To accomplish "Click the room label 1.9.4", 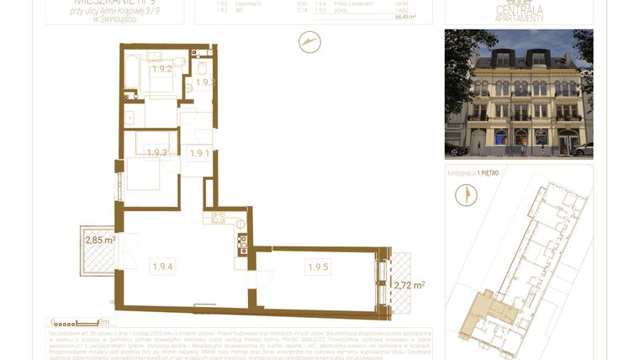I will pos(162,267).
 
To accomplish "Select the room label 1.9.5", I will pos(318,267).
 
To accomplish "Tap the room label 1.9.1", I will pos(199,153).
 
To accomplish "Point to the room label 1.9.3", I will pos(157,153).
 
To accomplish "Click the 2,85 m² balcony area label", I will pos(100,241).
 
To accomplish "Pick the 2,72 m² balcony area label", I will pos(409,286).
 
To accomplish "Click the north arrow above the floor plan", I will pos(309,42).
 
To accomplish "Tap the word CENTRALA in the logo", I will pos(519,10).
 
